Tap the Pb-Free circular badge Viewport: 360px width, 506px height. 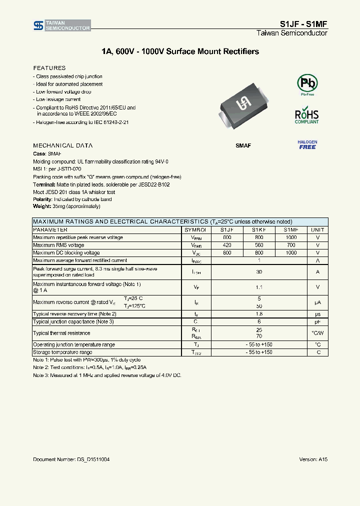point(307,84)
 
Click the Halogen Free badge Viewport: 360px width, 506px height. point(307,145)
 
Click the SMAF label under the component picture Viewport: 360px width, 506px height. point(243,145)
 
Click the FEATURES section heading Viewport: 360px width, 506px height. point(49,68)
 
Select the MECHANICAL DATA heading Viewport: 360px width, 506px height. point(62,145)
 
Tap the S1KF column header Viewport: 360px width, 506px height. point(258,229)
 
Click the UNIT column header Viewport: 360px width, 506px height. point(317,229)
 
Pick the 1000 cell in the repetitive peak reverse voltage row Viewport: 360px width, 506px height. point(291,237)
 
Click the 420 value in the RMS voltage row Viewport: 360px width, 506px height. point(227,245)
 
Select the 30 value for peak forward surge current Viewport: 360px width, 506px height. point(259,272)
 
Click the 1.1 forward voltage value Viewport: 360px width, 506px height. point(259,287)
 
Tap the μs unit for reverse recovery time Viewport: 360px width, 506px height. point(317,314)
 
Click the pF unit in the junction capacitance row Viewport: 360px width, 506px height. point(317,321)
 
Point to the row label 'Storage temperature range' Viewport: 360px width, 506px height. point(62,352)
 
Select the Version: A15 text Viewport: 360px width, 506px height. point(313,459)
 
